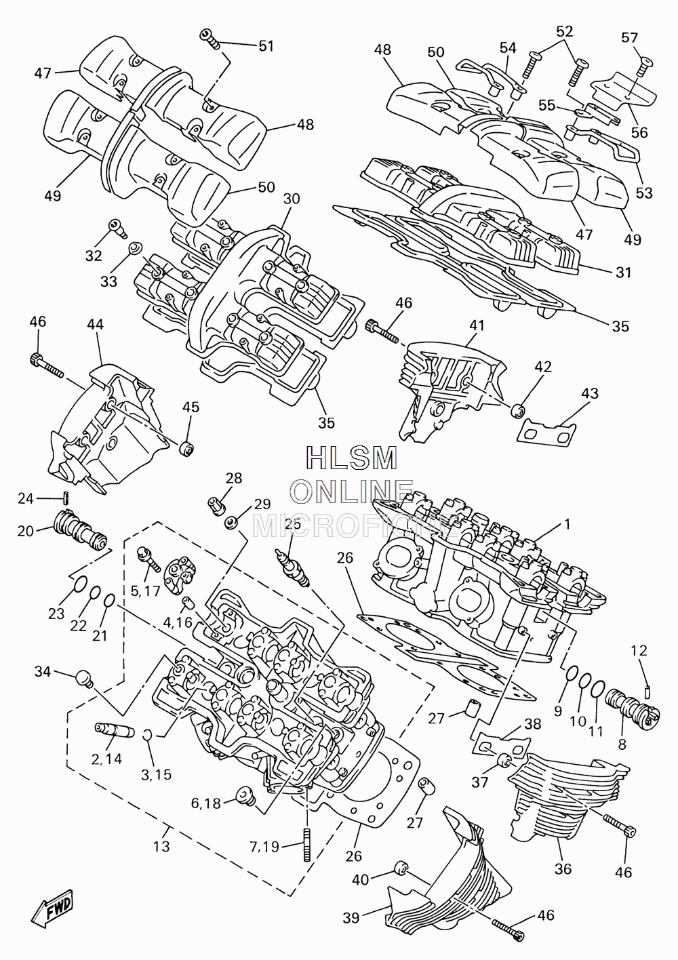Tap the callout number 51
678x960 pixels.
click(x=266, y=46)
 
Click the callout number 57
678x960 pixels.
click(x=630, y=38)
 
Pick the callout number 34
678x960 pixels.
click(x=43, y=671)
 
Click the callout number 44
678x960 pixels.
click(x=95, y=325)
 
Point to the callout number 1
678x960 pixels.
click(x=567, y=524)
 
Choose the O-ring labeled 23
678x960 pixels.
click(x=81, y=584)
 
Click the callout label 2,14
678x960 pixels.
click(x=106, y=759)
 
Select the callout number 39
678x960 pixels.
click(x=351, y=918)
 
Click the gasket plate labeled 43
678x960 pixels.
click(x=546, y=434)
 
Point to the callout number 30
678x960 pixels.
click(x=292, y=199)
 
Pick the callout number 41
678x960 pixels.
click(x=477, y=325)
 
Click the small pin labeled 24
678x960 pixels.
click(x=67, y=498)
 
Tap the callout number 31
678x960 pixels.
click(x=623, y=272)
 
